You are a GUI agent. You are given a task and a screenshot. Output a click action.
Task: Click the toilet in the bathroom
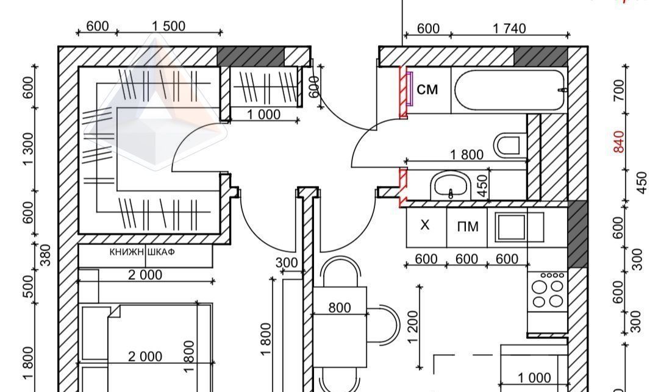(x=509, y=145)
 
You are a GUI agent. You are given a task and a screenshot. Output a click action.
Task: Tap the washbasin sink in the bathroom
(x=451, y=185)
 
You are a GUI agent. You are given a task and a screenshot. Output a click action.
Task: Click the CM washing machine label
(x=427, y=90)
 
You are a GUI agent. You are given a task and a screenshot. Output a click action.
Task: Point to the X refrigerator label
(x=424, y=225)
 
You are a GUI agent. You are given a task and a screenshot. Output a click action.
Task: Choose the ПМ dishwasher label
(x=468, y=227)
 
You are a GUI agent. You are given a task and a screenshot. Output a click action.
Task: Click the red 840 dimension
(x=618, y=142)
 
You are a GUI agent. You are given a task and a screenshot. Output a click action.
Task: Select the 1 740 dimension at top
(x=509, y=29)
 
